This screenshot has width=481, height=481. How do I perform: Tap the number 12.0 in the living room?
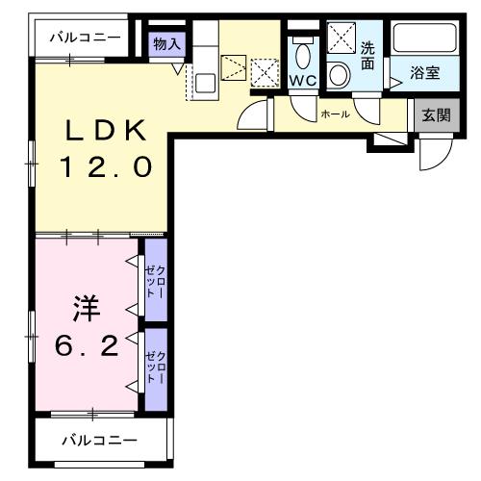(x=105, y=168)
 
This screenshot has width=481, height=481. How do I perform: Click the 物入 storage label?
(x=167, y=44)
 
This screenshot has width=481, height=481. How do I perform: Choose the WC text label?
(x=304, y=81)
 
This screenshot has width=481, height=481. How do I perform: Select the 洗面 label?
(x=367, y=57)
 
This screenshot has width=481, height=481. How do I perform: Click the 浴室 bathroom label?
(x=425, y=73)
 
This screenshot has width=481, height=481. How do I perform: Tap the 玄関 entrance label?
(x=434, y=115)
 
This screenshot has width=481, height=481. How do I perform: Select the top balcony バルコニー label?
(x=86, y=38)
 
